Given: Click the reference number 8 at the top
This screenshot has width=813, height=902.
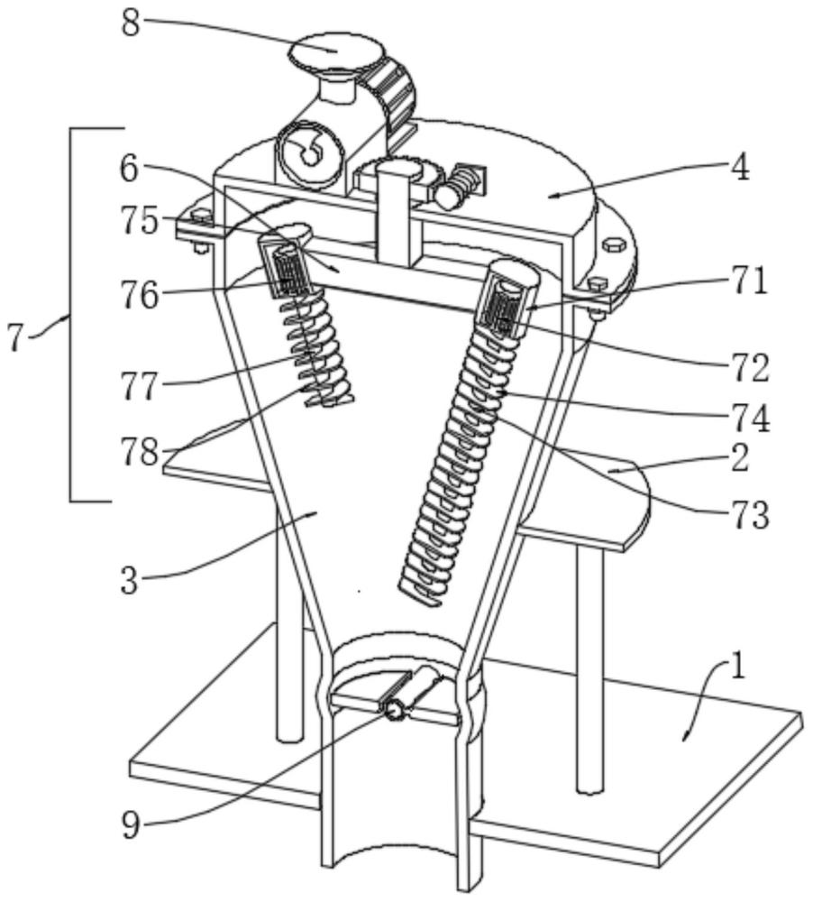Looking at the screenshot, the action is pyautogui.click(x=131, y=23).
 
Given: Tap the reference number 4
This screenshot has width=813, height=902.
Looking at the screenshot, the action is pyautogui.click(x=740, y=168).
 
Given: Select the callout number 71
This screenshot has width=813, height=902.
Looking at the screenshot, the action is pyautogui.click(x=749, y=281).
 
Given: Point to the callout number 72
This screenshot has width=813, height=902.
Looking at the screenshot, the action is pyautogui.click(x=750, y=368).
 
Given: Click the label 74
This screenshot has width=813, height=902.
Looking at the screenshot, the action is pyautogui.click(x=750, y=418).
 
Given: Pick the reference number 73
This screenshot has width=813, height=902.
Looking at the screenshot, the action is pyautogui.click(x=750, y=514).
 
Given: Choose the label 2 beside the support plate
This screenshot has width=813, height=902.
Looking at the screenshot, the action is pyautogui.click(x=740, y=458).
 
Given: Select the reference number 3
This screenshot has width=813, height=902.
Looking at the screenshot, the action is pyautogui.click(x=131, y=580).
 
